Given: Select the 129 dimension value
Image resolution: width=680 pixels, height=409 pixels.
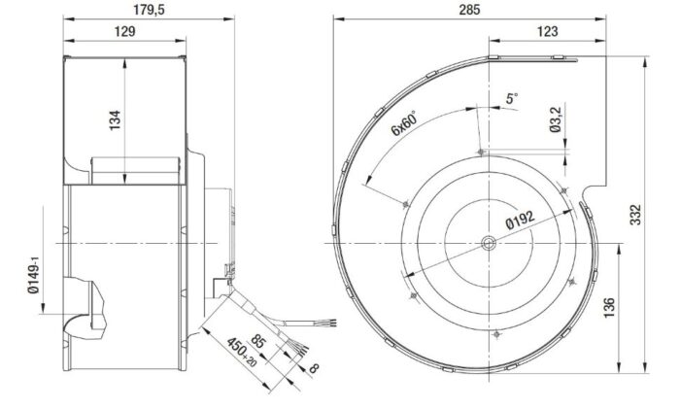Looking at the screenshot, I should [x=121, y=31].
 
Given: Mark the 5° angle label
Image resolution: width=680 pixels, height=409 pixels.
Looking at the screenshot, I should [x=512, y=98].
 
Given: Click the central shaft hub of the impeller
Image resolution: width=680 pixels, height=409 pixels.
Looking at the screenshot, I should [x=485, y=243].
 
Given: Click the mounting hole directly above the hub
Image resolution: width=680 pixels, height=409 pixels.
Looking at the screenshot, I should [x=485, y=151].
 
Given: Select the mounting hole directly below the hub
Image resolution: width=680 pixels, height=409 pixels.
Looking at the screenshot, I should [x=497, y=333].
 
